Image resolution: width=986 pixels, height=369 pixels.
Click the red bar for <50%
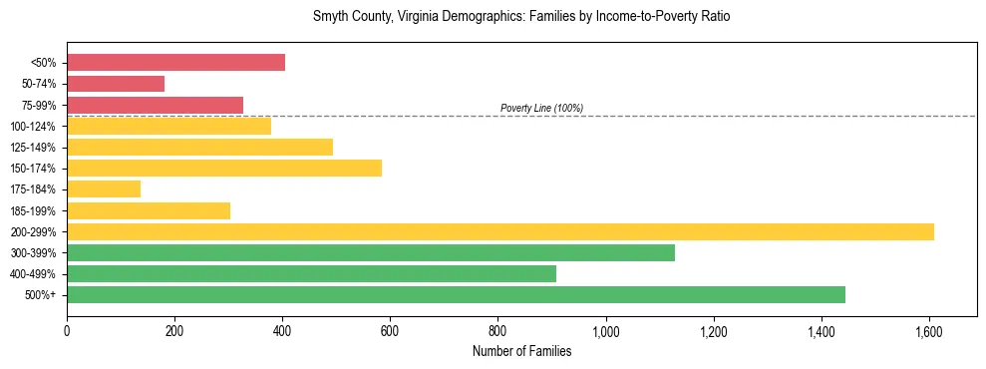pyautogui.click(x=175, y=63)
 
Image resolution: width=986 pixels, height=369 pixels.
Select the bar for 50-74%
pyautogui.click(x=116, y=84)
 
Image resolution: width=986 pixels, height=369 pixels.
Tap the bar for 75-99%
pyautogui.click(x=155, y=105)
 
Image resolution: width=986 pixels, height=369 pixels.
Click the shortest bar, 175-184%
pyautogui.click(x=104, y=188)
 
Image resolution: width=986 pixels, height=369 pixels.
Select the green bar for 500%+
pyautogui.click(x=456, y=294)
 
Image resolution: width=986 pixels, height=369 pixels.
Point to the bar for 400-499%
pyautogui.click(x=311, y=273)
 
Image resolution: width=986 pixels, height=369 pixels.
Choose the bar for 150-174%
pyautogui.click(x=224, y=168)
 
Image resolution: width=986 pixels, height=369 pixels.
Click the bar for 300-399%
pyautogui.click(x=371, y=252)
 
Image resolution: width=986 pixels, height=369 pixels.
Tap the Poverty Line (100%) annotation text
pyautogui.click(x=541, y=108)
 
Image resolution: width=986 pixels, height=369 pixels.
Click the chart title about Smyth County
pyautogui.click(x=521, y=17)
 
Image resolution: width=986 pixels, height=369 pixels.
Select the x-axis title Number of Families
pyautogui.click(x=521, y=351)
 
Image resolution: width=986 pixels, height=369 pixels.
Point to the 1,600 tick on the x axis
pyautogui.click(x=929, y=331)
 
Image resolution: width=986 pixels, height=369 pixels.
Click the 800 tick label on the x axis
pyautogui.click(x=497, y=331)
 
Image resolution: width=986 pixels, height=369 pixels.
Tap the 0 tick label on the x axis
pyautogui.click(x=67, y=331)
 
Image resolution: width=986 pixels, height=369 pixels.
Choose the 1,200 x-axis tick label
pyautogui.click(x=713, y=331)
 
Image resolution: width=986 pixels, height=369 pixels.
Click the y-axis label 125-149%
pyautogui.click(x=33, y=148)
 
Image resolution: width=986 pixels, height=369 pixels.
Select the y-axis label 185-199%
pyautogui.click(x=33, y=210)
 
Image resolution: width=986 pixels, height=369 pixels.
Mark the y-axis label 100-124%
pyautogui.click(x=33, y=127)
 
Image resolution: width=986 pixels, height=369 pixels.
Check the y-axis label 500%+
pyautogui.click(x=40, y=295)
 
